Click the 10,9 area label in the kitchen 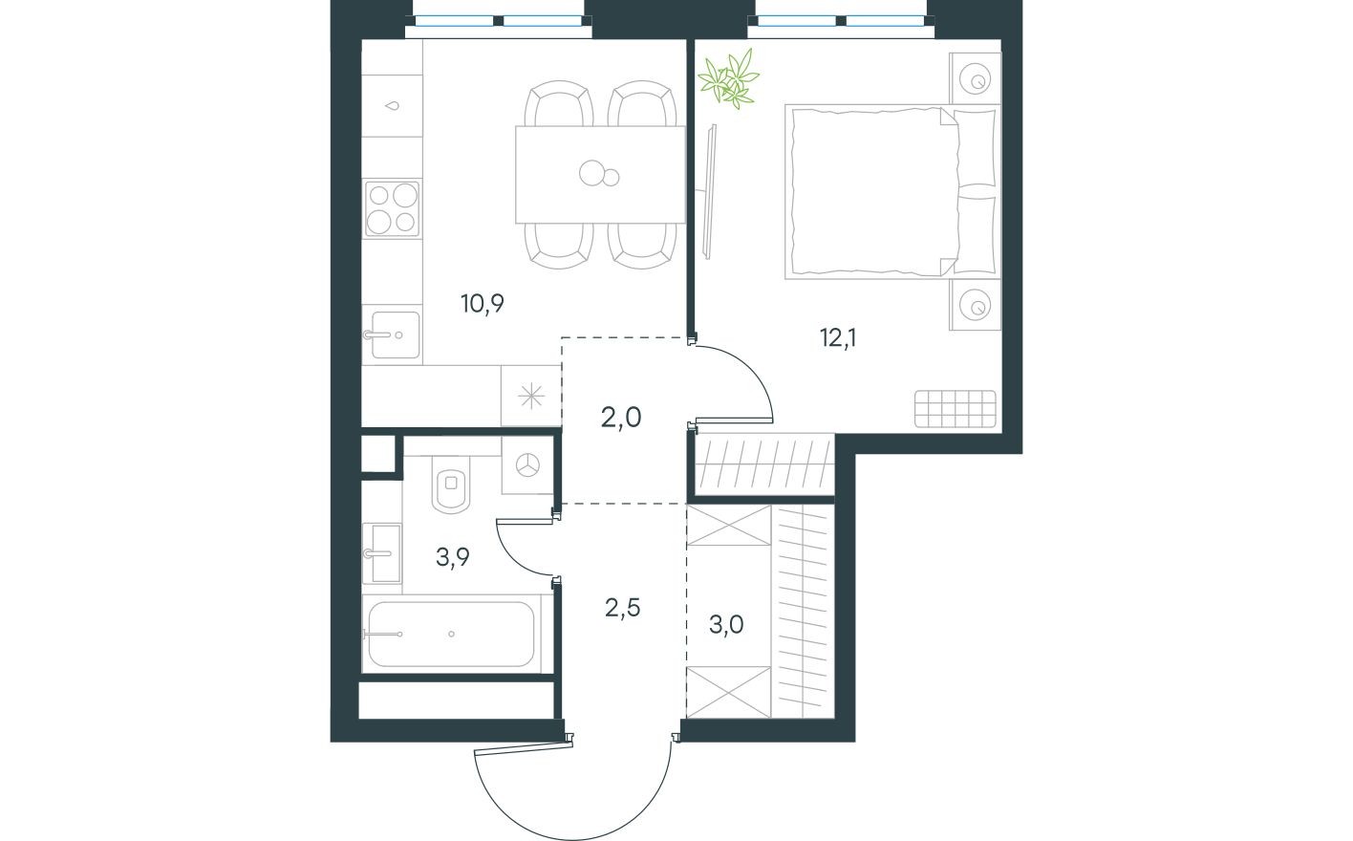482,304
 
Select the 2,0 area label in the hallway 622,417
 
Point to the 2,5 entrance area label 622,606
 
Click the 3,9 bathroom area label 452,558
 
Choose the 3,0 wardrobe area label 726,624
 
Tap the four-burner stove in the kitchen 392,208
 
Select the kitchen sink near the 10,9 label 392,334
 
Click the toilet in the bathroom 449,484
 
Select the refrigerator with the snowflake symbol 530,397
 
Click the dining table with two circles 599,174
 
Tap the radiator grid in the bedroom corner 955,409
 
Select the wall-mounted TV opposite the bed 710,191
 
